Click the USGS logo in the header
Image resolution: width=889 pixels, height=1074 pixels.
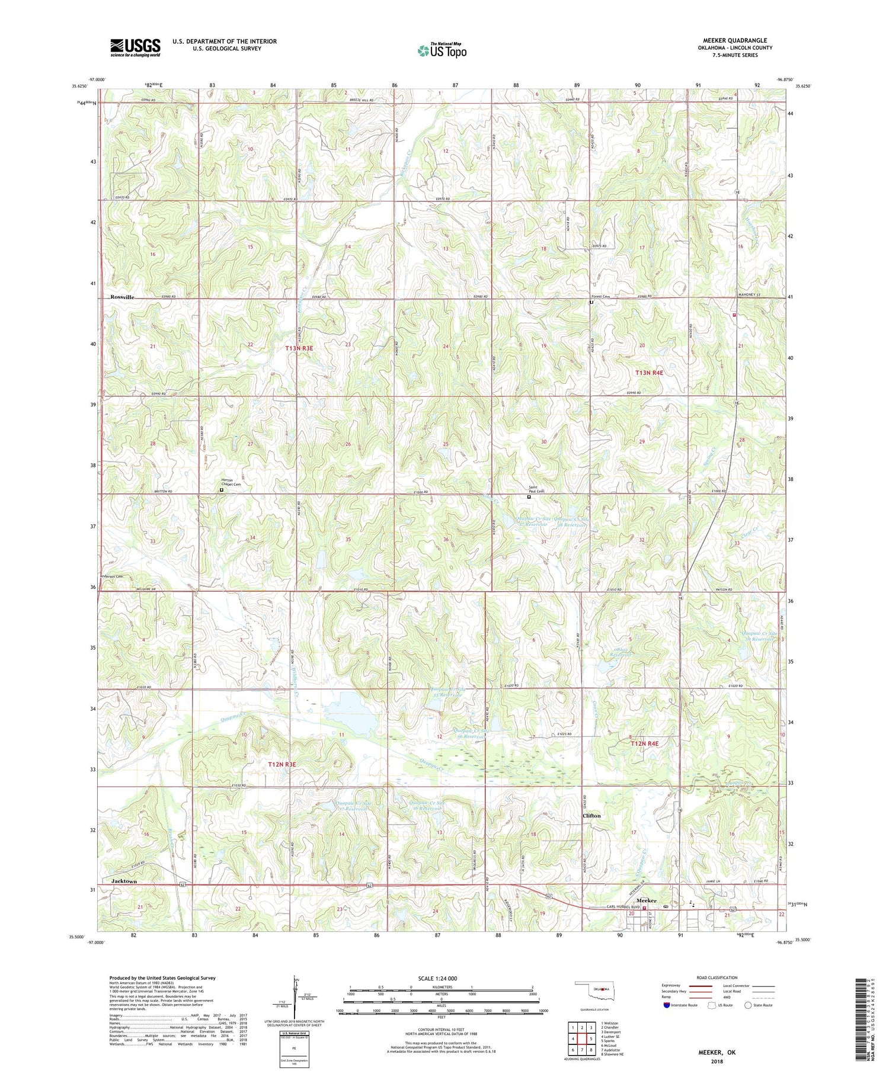click(135, 47)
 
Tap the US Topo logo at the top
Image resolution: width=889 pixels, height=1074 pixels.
click(442, 51)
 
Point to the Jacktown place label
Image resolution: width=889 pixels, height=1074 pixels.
click(124, 881)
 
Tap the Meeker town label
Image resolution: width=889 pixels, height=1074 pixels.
click(646, 900)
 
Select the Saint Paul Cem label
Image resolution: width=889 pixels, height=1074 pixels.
click(536, 489)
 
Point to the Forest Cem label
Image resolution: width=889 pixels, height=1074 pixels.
click(600, 297)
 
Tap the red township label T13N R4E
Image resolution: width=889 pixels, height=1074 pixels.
click(649, 373)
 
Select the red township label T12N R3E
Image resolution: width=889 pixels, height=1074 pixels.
click(282, 764)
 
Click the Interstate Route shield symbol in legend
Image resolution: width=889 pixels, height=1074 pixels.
click(666, 1005)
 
